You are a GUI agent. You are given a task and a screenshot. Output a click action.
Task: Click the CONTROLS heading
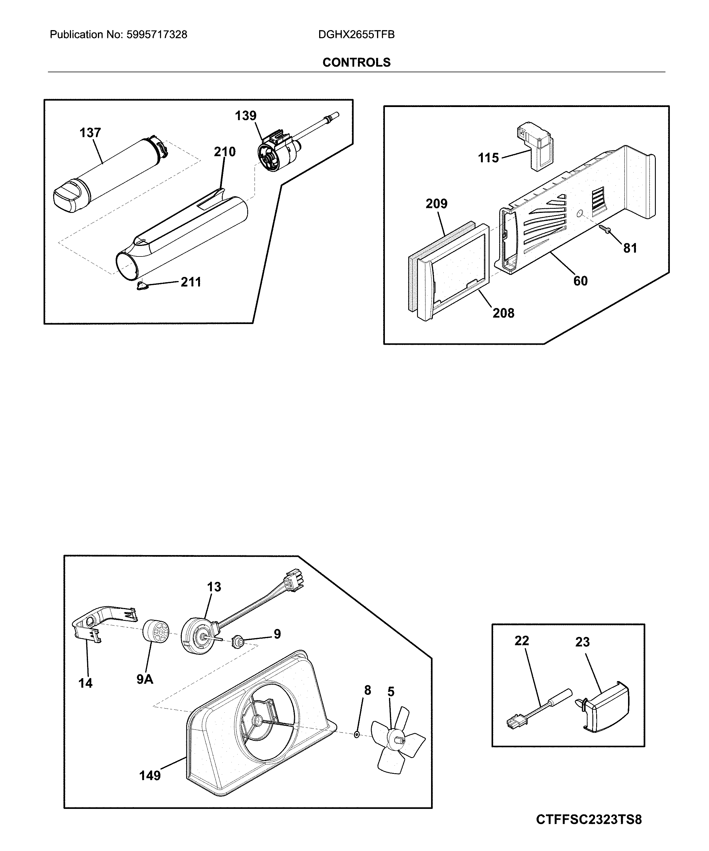pos(356,62)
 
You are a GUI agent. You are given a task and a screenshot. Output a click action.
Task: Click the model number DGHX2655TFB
pos(356,35)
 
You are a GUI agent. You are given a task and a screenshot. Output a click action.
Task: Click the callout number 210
pos(224,152)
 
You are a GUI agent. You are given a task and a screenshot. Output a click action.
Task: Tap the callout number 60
pos(580,281)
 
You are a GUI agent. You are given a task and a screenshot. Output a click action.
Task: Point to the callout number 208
pos(503,313)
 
